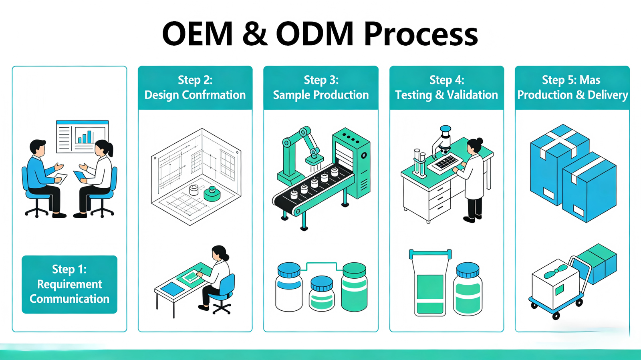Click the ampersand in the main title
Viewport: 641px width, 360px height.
255,34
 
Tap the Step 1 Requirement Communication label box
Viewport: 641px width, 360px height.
69,284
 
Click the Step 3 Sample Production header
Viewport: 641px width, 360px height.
321,88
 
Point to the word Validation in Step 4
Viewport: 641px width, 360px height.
472,95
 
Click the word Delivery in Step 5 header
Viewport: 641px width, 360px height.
608,95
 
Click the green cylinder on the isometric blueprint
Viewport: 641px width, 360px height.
212,194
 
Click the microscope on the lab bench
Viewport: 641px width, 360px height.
443,140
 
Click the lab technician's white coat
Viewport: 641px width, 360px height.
474,176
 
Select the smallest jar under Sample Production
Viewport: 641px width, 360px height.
322,294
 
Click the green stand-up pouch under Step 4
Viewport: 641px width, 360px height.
430,286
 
